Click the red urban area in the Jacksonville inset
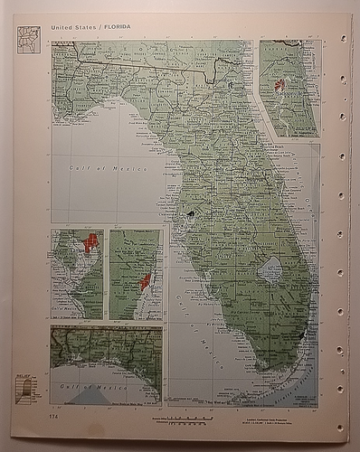pos(279,86)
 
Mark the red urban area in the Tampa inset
pos(90,243)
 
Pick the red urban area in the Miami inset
pos(146,282)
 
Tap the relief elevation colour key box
pos(27,389)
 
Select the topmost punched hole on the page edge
pos(342,38)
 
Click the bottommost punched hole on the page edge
pos(341,427)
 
